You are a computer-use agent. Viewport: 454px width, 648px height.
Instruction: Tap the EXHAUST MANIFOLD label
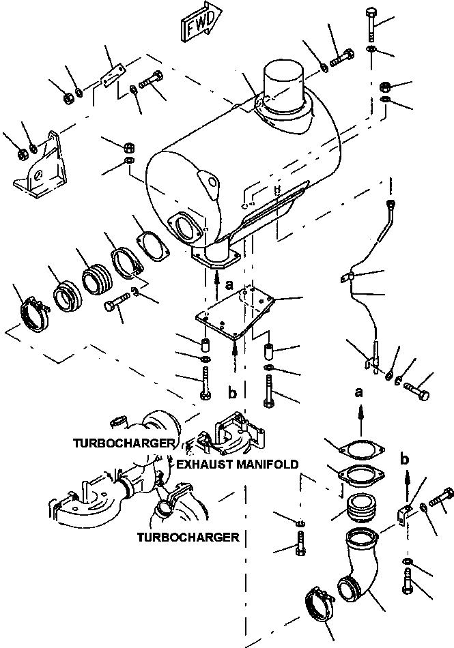click(237, 464)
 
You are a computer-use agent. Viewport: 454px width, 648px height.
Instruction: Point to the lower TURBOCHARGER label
click(188, 537)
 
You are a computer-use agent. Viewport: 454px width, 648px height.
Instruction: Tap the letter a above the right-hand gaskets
click(358, 392)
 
